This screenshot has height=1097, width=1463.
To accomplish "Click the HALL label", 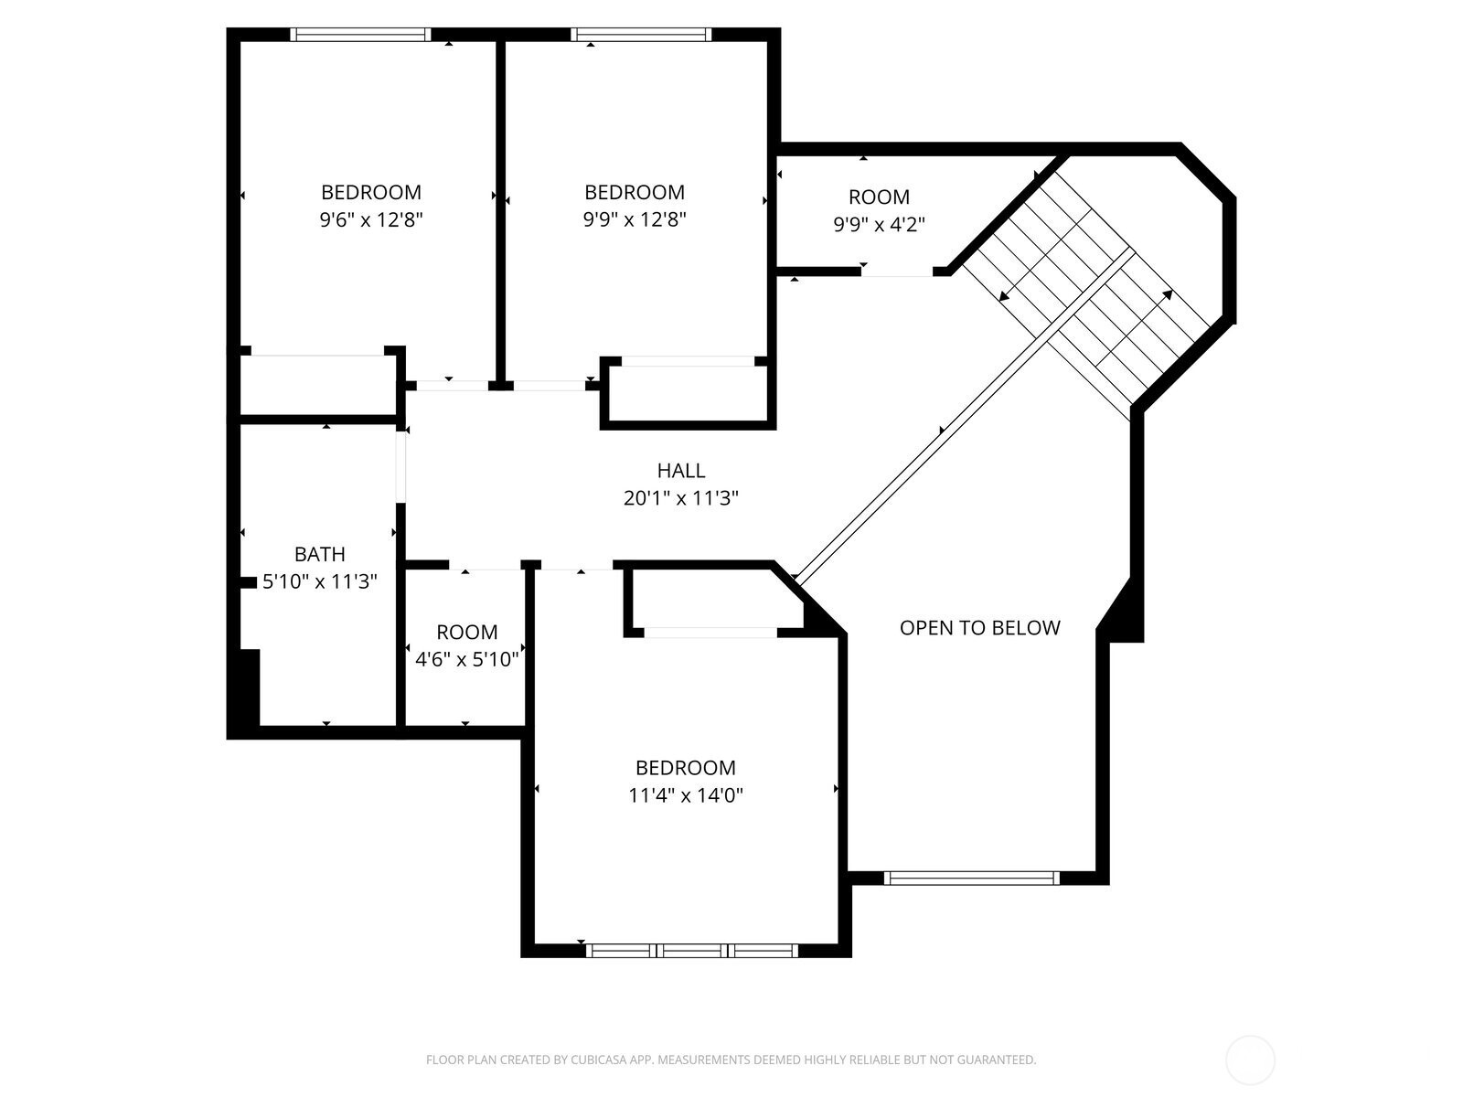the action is [680, 471].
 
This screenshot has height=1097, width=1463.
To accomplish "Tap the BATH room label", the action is [320, 554].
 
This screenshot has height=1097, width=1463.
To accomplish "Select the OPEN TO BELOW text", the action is [980, 628].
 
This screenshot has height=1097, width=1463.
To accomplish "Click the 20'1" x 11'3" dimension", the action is [681, 498].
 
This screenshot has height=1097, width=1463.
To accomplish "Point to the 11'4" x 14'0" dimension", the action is [686, 795].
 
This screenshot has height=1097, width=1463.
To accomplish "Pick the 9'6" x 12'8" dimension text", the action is [371, 219].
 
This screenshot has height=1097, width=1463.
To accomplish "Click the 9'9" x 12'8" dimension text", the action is [635, 219].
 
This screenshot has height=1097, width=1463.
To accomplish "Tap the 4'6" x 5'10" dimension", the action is [466, 659].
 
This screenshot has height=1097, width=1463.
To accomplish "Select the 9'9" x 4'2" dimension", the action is [879, 225].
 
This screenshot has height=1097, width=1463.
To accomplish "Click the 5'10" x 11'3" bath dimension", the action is [320, 581].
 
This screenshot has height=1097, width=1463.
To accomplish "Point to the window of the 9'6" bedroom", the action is [360, 35].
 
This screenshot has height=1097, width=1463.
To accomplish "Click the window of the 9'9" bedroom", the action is [641, 35].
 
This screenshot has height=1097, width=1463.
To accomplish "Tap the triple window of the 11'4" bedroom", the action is [692, 951].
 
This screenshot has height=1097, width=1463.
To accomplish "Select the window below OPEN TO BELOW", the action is [972, 878].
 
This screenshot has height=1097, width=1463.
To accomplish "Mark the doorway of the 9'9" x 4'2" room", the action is [897, 272].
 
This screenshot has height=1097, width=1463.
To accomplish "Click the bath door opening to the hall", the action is [400, 466].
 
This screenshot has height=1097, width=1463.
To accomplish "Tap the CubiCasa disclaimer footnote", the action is [731, 1060].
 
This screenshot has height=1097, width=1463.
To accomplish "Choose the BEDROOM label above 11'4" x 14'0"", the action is [686, 768].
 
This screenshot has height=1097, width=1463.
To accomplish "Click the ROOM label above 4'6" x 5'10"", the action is [466, 632].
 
